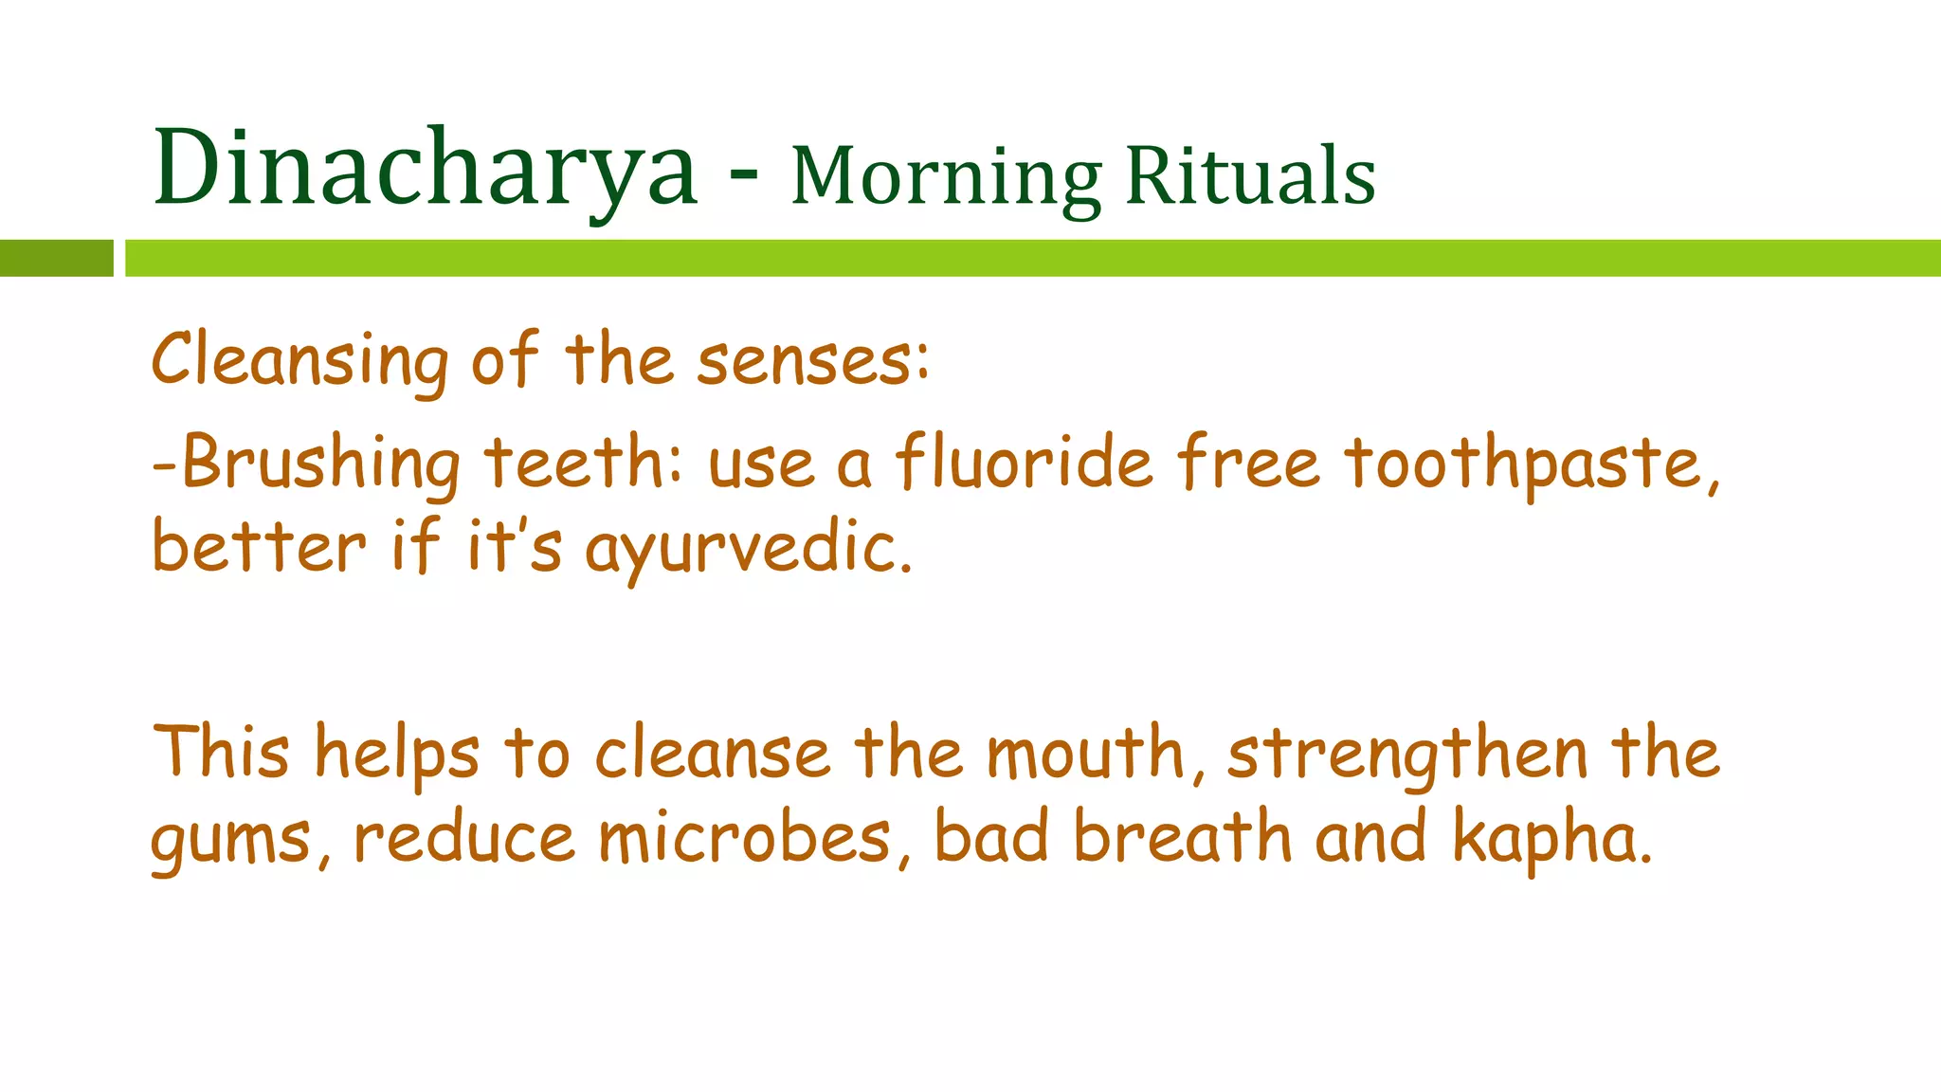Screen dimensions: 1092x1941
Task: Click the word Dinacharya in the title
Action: pos(425,169)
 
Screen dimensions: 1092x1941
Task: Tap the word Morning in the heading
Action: pos(946,178)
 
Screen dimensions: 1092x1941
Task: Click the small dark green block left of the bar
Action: pos(56,258)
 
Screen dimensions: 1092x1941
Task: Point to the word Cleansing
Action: pos(299,361)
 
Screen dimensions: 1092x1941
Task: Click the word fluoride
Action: pos(1025,463)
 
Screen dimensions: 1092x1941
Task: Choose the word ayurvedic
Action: pos(749,550)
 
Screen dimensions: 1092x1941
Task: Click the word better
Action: pos(258,548)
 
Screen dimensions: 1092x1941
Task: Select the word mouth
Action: pos(1086,754)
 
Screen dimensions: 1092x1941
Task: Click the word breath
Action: pos(1182,838)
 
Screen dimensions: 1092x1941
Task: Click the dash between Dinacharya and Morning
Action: pos(744,176)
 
